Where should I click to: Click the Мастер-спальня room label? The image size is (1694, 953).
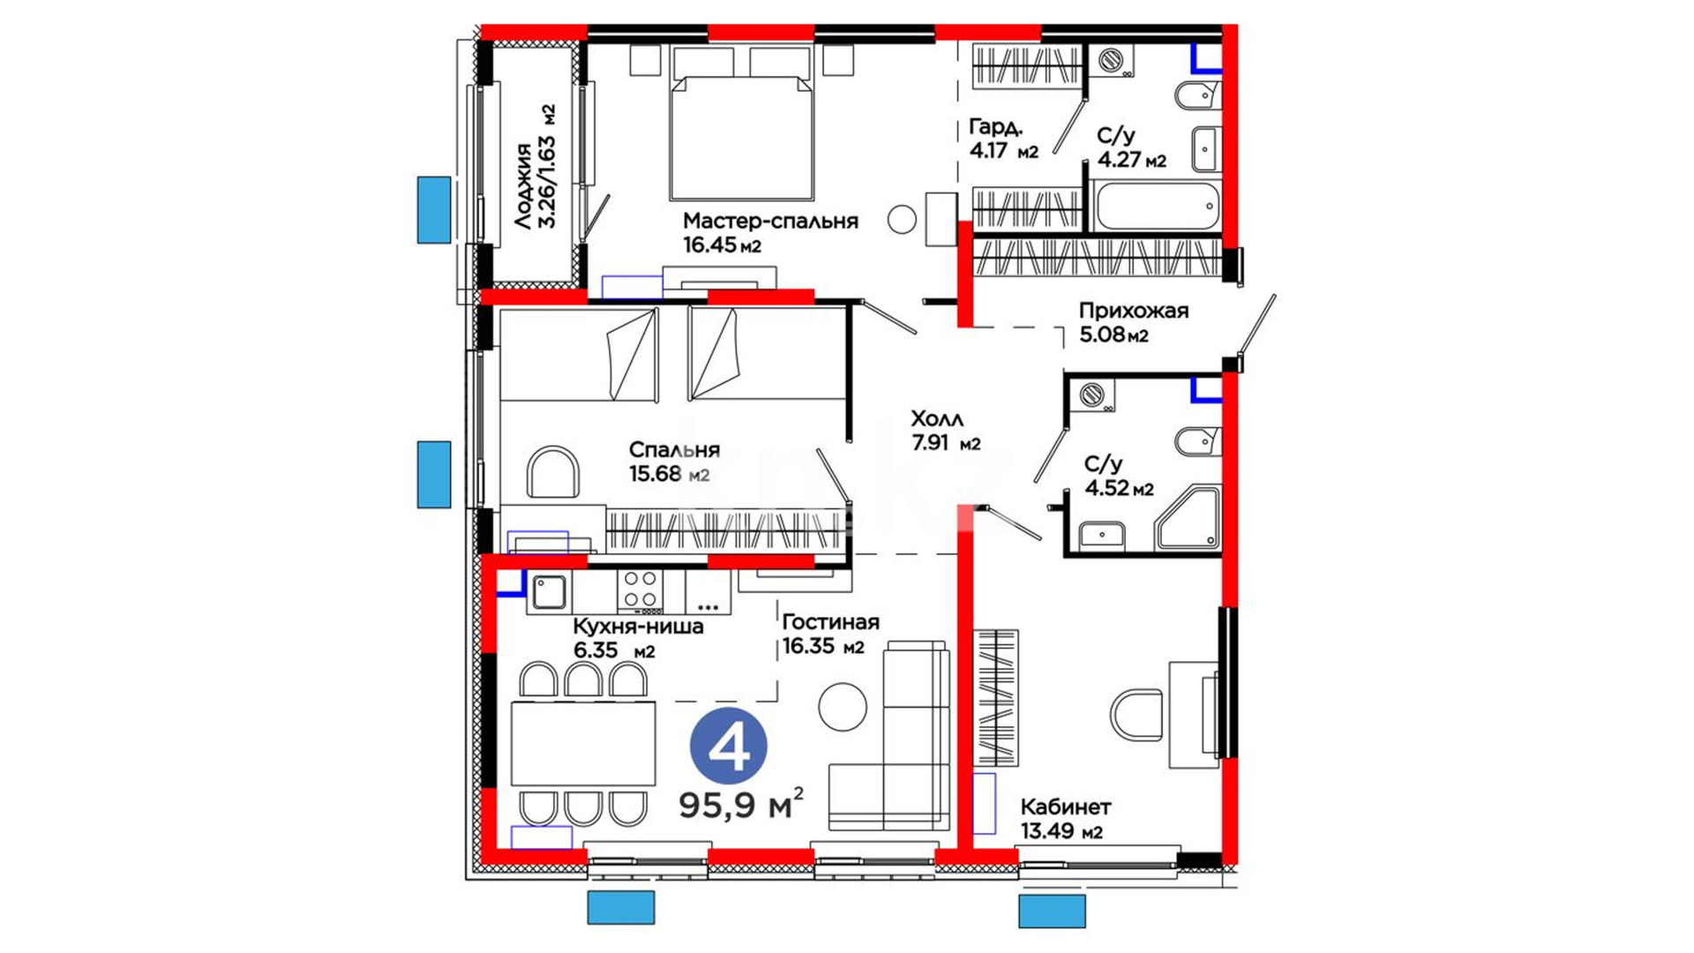click(770, 221)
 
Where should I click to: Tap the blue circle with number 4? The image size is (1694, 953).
click(728, 746)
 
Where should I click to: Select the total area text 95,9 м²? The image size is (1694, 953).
click(741, 803)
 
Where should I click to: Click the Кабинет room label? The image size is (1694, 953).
click(1065, 807)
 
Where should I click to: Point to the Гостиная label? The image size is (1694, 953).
click(830, 622)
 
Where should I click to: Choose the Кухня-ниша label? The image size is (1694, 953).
click(638, 627)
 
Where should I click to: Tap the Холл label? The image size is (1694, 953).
click(936, 419)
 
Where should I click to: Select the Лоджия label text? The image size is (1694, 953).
click(525, 185)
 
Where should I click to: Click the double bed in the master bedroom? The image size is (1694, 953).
click(741, 124)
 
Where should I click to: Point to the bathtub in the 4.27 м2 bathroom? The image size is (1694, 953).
click(1156, 206)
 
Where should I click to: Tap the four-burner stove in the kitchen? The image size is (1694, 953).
click(641, 590)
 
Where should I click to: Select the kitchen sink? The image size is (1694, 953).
click(549, 591)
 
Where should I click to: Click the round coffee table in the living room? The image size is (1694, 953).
click(843, 706)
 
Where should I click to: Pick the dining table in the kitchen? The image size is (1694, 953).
click(583, 743)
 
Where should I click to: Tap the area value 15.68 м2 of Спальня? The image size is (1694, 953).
click(669, 474)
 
